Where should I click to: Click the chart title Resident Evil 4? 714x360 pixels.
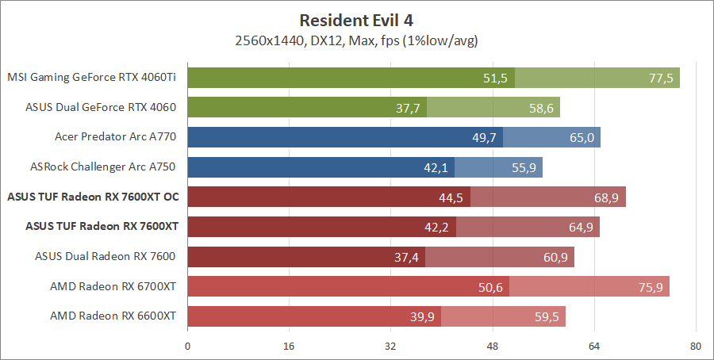click(357, 19)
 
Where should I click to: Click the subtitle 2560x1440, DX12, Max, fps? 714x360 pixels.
click(356, 40)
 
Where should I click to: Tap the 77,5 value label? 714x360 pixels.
click(660, 78)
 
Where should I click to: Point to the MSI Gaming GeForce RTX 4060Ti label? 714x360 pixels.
click(91, 78)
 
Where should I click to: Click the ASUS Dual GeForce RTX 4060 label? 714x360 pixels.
click(101, 107)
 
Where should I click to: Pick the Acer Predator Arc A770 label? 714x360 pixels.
click(115, 137)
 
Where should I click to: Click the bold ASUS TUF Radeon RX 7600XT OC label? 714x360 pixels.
click(91, 197)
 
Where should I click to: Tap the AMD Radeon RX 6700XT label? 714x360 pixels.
click(113, 285)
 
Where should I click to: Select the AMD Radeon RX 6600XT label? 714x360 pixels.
click(113, 316)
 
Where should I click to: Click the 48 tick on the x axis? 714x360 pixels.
click(492, 346)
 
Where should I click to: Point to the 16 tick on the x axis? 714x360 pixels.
click(289, 346)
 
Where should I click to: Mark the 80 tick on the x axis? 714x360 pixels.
click(695, 346)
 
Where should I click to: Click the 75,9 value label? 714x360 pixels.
click(650, 286)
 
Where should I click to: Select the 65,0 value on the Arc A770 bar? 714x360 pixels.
click(582, 137)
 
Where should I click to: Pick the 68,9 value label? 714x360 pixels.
click(606, 197)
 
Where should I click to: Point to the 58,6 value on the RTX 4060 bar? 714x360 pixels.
click(540, 108)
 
